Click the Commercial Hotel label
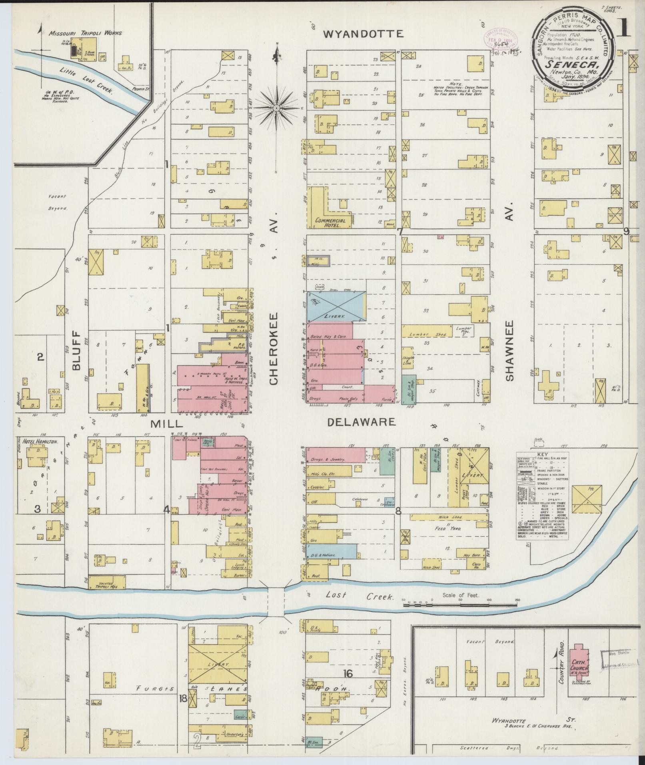point(328,223)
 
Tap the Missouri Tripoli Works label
point(85,34)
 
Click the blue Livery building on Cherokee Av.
point(336,306)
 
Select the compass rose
point(277,108)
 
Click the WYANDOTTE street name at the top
point(363,34)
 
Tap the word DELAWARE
point(361,422)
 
